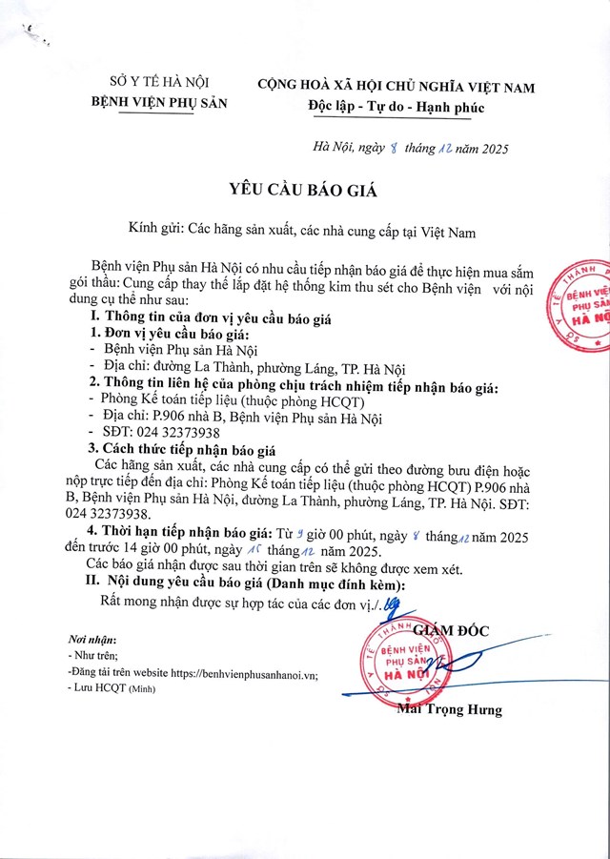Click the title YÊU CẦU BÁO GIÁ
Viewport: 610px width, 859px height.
304,191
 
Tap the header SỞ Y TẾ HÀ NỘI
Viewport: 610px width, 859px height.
159,84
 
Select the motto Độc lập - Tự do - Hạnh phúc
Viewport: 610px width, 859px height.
396,107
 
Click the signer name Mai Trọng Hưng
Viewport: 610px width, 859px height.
451,709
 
